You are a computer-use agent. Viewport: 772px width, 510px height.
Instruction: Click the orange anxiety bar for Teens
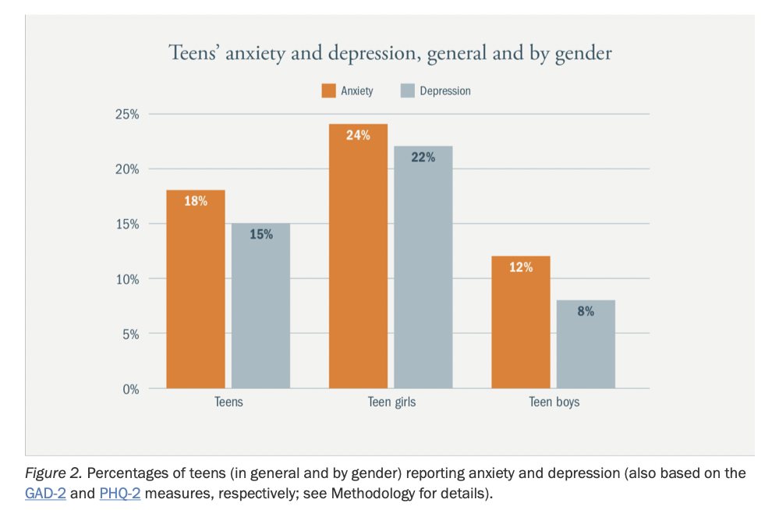click(195, 296)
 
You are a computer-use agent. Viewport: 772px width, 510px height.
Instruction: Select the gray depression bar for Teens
click(260, 312)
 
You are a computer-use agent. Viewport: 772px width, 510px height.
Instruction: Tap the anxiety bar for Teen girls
click(358, 265)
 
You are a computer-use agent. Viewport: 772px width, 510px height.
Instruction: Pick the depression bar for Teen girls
click(423, 273)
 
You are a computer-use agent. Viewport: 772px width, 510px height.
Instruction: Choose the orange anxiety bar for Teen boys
click(520, 328)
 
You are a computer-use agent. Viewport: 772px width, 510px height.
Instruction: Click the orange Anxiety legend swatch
click(328, 90)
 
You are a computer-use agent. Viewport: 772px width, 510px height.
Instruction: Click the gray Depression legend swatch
click(407, 90)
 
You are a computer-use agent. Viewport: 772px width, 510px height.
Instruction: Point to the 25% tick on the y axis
click(128, 115)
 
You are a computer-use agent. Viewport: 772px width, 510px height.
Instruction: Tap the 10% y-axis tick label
click(128, 279)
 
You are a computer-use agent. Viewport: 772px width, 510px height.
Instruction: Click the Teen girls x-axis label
click(391, 402)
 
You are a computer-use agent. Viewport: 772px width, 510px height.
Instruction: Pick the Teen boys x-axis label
click(554, 402)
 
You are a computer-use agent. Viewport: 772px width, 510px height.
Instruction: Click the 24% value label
click(358, 135)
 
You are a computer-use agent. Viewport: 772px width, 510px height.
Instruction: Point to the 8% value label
click(586, 311)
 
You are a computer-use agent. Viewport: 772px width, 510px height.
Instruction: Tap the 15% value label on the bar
click(261, 234)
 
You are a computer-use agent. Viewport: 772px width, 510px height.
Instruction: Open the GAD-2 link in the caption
click(44, 493)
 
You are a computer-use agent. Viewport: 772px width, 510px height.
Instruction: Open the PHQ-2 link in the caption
click(119, 493)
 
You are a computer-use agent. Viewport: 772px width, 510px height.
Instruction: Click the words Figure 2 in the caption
click(54, 473)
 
